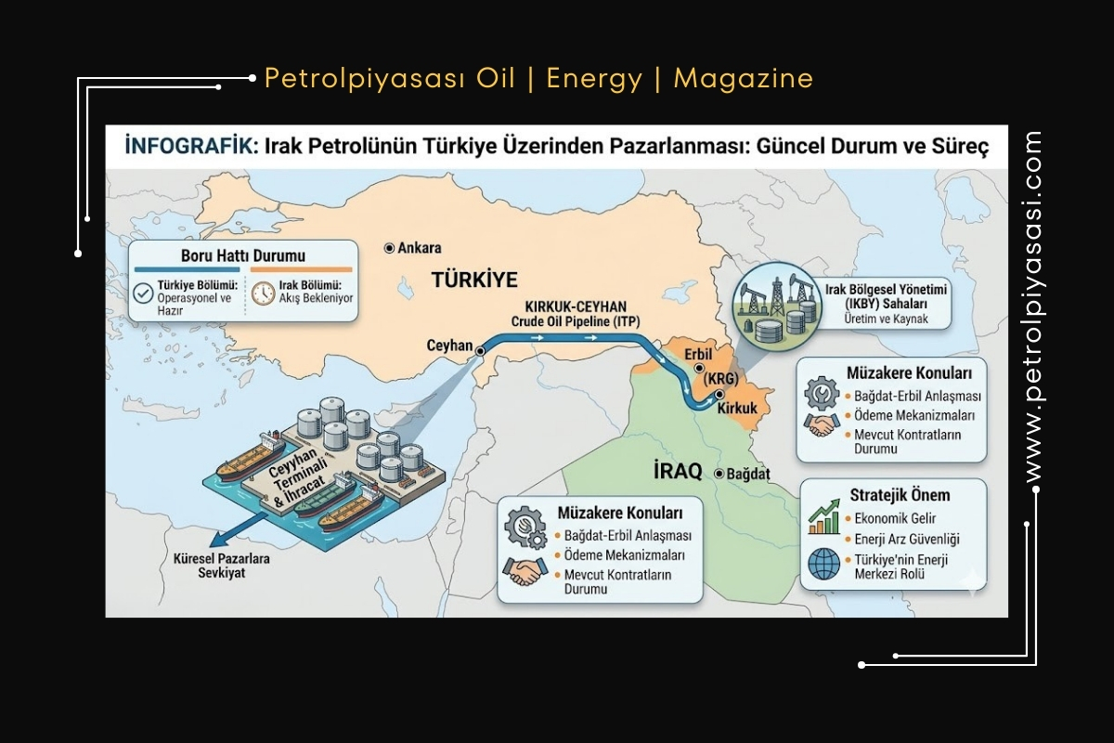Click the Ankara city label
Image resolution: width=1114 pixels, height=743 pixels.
(x=419, y=248)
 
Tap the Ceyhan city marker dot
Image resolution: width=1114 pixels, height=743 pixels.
(x=480, y=352)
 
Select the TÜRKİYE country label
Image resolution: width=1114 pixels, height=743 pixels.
(x=473, y=280)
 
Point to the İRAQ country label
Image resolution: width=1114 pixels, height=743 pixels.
(x=678, y=471)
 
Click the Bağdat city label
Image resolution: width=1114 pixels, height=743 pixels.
(x=748, y=474)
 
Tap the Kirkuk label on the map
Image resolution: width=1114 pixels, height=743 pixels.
(x=739, y=410)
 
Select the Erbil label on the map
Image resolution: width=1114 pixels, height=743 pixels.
(x=696, y=355)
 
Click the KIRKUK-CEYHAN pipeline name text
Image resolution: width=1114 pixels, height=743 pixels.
(x=576, y=306)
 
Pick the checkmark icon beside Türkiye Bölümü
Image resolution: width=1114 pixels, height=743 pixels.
(x=143, y=293)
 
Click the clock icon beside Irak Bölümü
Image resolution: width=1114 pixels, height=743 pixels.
(x=263, y=293)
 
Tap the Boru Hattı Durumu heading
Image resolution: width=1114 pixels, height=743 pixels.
(x=242, y=255)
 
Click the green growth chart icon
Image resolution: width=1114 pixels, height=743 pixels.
(x=823, y=518)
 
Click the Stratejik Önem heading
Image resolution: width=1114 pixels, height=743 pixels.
(x=900, y=495)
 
